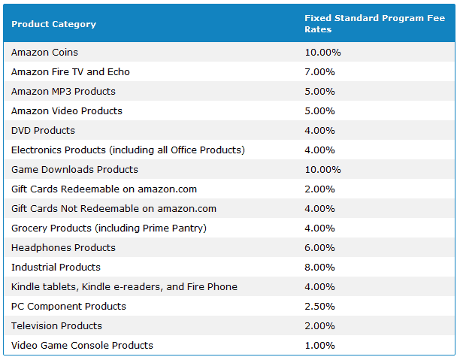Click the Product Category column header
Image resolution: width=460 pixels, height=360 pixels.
53,24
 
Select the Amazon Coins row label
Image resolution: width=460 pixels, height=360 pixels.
44,53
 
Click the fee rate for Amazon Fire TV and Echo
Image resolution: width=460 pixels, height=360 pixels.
319,72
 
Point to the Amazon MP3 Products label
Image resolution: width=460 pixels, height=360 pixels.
63,92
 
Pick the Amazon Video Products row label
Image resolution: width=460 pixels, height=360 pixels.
66,111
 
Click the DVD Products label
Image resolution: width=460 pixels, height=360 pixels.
43,131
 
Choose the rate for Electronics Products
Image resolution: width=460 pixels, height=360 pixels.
319,150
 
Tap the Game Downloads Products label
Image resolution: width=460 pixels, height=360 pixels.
74,170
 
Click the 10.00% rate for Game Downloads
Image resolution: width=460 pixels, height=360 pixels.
322,170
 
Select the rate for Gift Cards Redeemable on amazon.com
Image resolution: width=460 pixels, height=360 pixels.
319,189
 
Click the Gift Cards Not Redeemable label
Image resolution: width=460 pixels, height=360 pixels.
113,209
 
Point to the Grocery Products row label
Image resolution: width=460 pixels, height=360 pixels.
108,228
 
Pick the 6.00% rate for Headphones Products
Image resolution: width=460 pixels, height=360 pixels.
319,248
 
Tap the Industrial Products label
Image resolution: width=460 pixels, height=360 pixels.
56,268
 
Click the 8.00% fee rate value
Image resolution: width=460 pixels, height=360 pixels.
319,268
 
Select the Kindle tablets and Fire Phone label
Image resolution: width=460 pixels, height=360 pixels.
124,287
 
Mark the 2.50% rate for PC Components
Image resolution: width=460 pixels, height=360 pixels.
319,307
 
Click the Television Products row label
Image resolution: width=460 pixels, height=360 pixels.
57,326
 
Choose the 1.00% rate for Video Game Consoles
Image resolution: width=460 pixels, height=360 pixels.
319,346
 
